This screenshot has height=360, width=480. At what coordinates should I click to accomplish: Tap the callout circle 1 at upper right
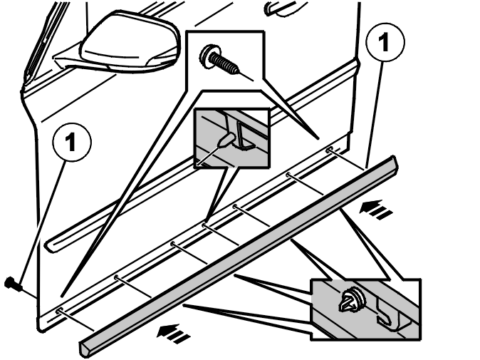[x=385, y=42]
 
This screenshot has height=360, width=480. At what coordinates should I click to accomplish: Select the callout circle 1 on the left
[x=72, y=142]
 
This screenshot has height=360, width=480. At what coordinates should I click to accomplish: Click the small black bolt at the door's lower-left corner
[x=13, y=284]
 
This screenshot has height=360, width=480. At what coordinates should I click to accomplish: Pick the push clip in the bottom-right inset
[x=352, y=300]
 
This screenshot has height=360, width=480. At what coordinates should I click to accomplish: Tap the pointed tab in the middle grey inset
[x=226, y=140]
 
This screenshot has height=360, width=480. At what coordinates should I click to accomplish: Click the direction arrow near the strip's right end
[x=375, y=209]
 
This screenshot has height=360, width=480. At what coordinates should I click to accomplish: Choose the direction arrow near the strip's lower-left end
[x=173, y=334]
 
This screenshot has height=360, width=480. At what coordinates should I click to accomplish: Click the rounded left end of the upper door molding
[x=51, y=245]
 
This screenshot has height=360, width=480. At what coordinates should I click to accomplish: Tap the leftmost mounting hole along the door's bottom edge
[x=59, y=311]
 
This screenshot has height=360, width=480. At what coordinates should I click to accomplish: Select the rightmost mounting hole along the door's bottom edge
[x=330, y=150]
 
